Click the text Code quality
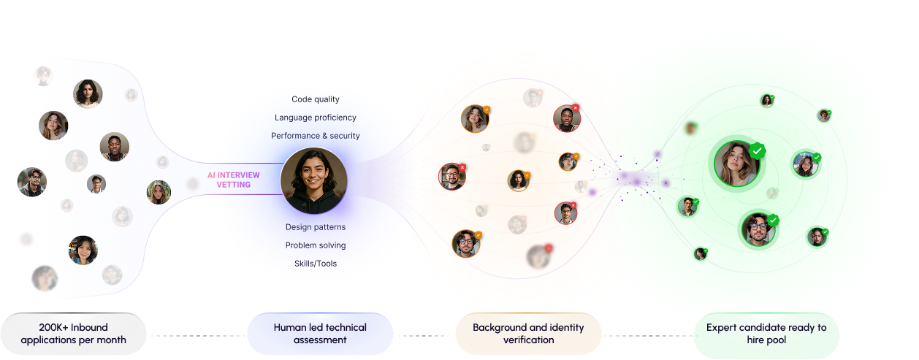[316, 99]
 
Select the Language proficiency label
[316, 118]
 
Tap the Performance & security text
[316, 136]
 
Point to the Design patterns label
[316, 227]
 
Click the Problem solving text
[316, 245]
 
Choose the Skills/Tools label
[316, 263]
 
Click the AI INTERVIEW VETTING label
[233, 180]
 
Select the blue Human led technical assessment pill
[320, 334]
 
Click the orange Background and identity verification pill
[528, 334]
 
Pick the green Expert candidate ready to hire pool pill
[766, 334]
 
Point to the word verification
[528, 340]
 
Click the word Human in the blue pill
[289, 328]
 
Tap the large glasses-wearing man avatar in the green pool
[758, 229]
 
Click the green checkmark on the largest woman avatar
[758, 151]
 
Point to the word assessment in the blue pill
[320, 340]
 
